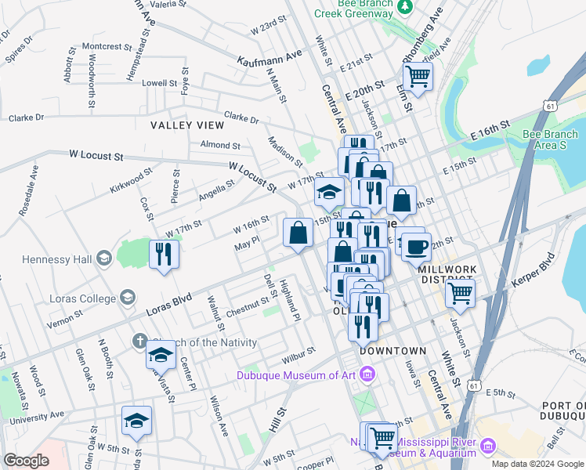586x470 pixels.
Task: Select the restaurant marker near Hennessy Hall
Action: (x=164, y=254)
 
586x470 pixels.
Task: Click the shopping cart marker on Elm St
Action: (x=418, y=77)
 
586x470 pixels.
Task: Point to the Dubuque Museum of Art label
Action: (x=298, y=375)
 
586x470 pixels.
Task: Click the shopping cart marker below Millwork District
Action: (x=460, y=295)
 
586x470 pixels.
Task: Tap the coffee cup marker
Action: (x=416, y=247)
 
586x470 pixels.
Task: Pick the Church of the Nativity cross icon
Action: (x=139, y=342)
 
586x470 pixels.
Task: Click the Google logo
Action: (x=27, y=461)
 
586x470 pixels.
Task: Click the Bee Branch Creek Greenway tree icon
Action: (x=405, y=8)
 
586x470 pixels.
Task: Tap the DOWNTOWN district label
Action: (x=393, y=351)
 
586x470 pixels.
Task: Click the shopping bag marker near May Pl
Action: (x=298, y=233)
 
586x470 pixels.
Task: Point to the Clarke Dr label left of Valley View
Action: (x=28, y=118)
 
